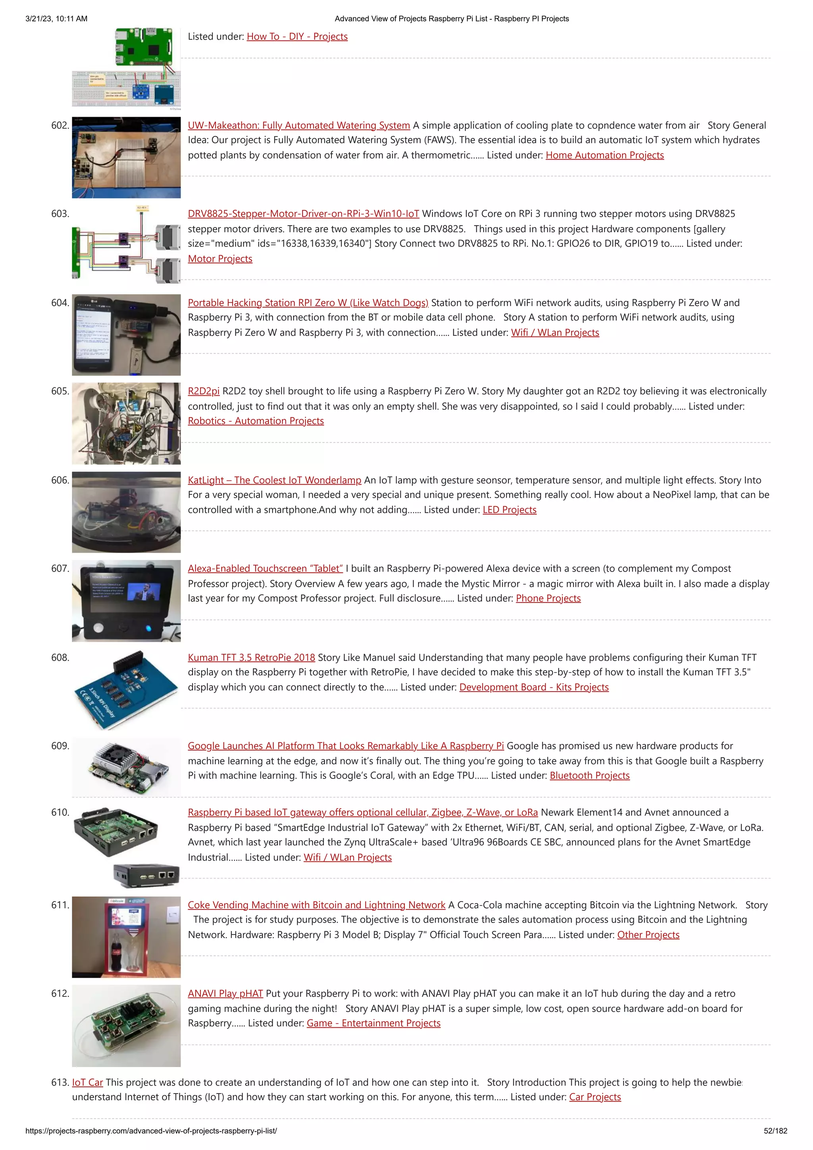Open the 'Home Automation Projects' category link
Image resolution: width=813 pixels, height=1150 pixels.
coord(604,155)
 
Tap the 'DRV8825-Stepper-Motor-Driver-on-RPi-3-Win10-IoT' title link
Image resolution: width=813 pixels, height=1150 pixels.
coord(303,214)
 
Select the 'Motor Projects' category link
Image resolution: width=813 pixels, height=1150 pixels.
coord(220,259)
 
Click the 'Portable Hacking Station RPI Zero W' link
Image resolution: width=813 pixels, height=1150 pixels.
coord(308,302)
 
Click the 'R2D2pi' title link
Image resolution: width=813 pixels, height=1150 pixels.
coord(203,391)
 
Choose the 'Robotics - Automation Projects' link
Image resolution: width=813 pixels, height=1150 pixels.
coord(256,421)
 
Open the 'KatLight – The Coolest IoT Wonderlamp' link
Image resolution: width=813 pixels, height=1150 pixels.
coord(274,480)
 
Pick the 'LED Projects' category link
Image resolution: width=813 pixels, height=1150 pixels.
coord(509,510)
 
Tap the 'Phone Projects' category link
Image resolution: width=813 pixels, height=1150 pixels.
coord(548,599)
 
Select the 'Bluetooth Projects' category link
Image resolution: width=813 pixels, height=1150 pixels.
coord(589,775)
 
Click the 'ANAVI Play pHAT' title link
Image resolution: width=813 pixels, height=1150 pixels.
coord(225,993)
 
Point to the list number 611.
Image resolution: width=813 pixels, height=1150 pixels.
coord(60,905)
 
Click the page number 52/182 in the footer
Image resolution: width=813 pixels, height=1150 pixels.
coord(775,1131)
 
